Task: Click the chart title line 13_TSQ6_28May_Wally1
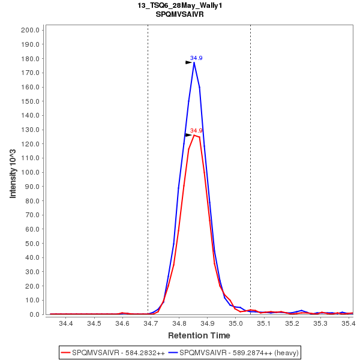[x=179, y=5]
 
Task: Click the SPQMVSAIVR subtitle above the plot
[x=179, y=14]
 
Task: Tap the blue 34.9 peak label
[x=196, y=58]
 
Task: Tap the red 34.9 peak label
[x=196, y=130]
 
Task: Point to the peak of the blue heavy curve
[x=194, y=62]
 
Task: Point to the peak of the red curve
[x=194, y=135]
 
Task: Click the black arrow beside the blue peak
[x=188, y=61]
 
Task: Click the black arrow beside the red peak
[x=188, y=135]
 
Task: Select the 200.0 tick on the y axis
[x=30, y=30]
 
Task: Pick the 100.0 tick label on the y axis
[x=30, y=172]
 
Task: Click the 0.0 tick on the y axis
[x=34, y=314]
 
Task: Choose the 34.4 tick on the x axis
[x=66, y=324]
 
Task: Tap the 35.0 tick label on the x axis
[x=236, y=324]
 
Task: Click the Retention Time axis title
[x=199, y=335]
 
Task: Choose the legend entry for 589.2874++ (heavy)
[x=234, y=352]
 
